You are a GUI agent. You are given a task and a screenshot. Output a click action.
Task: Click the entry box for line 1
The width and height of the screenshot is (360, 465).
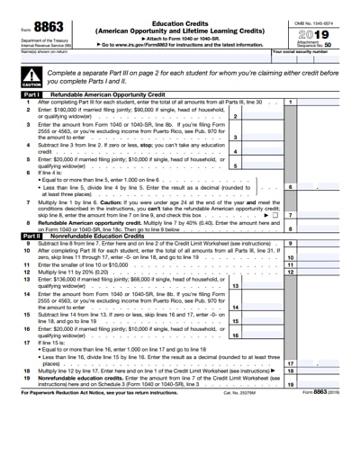319,103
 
